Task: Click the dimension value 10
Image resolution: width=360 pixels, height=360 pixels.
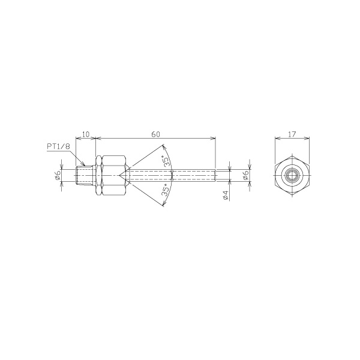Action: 86,134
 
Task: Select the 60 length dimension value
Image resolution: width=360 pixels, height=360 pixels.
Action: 155,134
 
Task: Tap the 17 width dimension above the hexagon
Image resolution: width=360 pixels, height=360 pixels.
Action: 292,134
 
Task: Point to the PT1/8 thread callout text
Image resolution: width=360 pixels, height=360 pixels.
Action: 58,146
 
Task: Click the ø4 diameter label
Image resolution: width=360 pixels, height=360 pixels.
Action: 226,195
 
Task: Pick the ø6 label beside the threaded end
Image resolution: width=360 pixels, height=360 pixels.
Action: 58,176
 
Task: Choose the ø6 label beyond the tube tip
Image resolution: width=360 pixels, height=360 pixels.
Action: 245,176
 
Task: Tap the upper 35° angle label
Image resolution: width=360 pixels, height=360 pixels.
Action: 167,160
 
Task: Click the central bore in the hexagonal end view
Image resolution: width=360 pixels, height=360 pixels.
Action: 292,176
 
